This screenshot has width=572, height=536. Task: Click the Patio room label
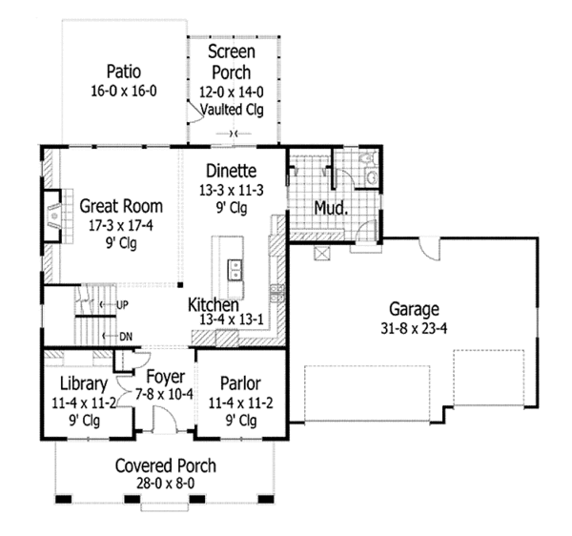pyautogui.click(x=123, y=71)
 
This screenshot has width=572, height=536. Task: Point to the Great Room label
pyautogui.click(x=120, y=205)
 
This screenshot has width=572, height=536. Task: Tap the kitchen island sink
pyautogui.click(x=233, y=269)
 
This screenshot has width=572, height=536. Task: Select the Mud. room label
pyautogui.click(x=330, y=207)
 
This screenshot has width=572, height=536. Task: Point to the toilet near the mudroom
pyautogui.click(x=371, y=175)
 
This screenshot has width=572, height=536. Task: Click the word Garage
pyautogui.click(x=414, y=309)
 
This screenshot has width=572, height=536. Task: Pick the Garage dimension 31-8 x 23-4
pyautogui.click(x=414, y=327)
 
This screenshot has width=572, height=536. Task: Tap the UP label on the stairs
pyautogui.click(x=121, y=305)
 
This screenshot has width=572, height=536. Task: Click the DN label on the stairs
pyautogui.click(x=125, y=336)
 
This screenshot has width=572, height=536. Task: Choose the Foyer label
pyautogui.click(x=165, y=377)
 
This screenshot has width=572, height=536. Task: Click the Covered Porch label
pyautogui.click(x=165, y=466)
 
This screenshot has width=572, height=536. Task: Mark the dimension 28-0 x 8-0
pyautogui.click(x=165, y=484)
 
